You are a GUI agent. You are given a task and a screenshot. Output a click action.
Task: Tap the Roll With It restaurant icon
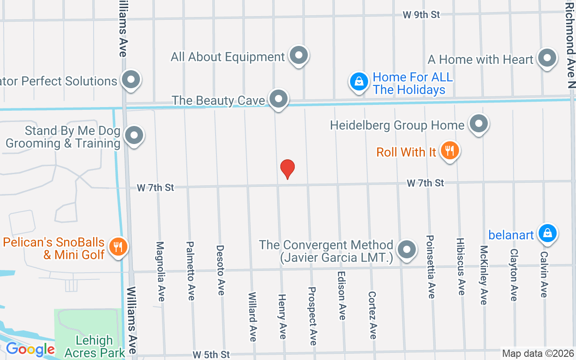click(x=449, y=150)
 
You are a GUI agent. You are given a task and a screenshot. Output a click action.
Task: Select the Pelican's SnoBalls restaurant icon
click(x=118, y=247)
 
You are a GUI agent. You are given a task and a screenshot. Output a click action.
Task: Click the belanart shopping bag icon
click(x=547, y=233)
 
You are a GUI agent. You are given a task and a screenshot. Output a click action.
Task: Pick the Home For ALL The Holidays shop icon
click(x=359, y=82)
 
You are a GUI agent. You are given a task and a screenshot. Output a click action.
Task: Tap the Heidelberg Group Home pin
click(x=479, y=123)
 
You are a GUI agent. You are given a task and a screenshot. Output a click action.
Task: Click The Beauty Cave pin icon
click(x=279, y=99)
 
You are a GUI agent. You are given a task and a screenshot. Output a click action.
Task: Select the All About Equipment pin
click(x=298, y=56)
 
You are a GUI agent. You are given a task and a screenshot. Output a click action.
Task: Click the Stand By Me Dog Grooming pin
click(x=134, y=135)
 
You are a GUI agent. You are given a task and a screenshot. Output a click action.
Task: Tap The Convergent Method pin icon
click(x=407, y=249)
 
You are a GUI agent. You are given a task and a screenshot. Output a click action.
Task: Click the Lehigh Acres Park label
click(x=94, y=346)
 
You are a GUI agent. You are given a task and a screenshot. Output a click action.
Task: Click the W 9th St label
click(x=421, y=15)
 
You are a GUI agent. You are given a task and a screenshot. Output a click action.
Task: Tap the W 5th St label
click(x=211, y=355)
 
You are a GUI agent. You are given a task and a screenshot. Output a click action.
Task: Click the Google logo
click(x=30, y=349)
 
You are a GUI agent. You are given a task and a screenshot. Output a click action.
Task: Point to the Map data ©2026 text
click(x=538, y=354)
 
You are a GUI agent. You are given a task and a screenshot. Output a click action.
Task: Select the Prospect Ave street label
click(x=312, y=316)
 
